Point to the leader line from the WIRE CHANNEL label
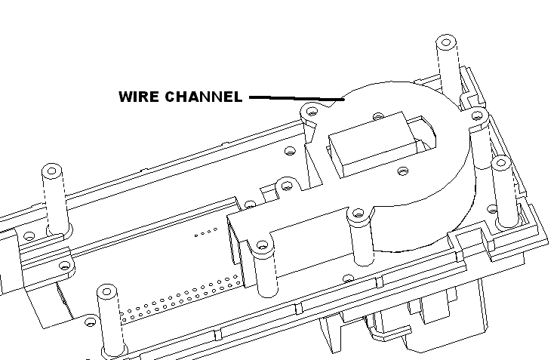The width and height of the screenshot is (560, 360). pos(295,98)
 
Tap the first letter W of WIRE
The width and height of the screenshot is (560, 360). pos(125,97)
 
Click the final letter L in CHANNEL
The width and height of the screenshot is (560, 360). pos(238,97)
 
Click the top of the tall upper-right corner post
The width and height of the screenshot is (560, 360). pos(447,40)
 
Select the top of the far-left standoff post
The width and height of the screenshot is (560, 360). pos(52,168)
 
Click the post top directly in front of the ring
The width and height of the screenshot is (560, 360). pos(359,214)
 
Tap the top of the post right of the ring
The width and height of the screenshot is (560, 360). pos(501,162)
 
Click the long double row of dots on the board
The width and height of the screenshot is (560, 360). pos(181,297)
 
